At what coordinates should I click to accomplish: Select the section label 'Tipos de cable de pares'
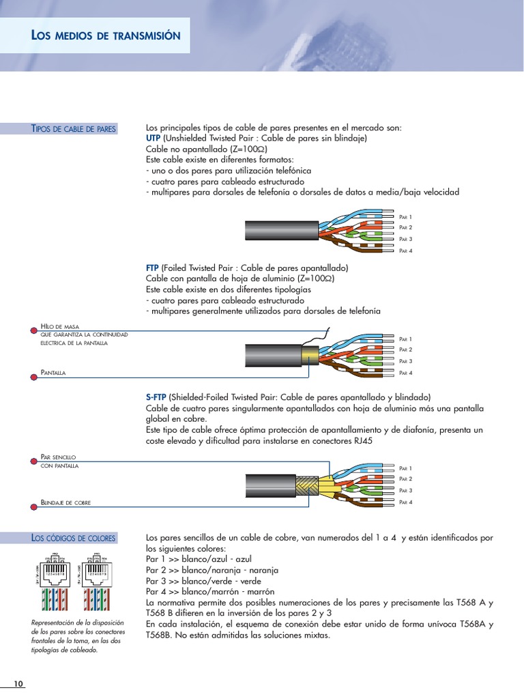click(74, 129)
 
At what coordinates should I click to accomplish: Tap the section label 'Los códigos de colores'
click(74, 538)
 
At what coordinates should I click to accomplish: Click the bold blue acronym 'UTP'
click(153, 138)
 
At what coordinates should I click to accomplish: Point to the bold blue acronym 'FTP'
click(152, 268)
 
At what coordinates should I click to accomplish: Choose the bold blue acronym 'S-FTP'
click(156, 397)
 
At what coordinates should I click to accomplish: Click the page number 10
click(18, 684)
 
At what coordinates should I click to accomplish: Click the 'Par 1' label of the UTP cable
click(406, 217)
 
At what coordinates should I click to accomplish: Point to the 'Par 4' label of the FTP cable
click(406, 373)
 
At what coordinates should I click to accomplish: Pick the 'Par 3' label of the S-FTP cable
click(406, 491)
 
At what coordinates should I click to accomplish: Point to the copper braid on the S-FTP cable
click(304, 486)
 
